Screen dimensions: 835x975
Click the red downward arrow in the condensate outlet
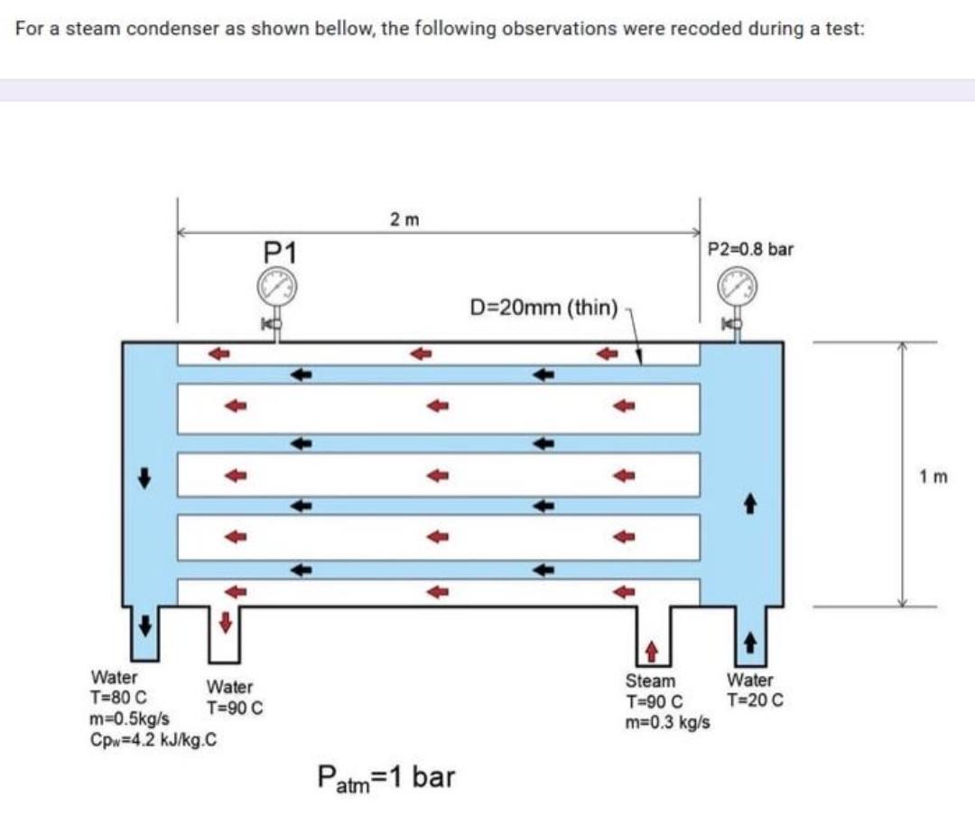click(226, 622)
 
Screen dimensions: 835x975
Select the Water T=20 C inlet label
click(755, 690)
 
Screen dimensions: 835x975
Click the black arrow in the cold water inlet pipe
click(748, 641)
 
